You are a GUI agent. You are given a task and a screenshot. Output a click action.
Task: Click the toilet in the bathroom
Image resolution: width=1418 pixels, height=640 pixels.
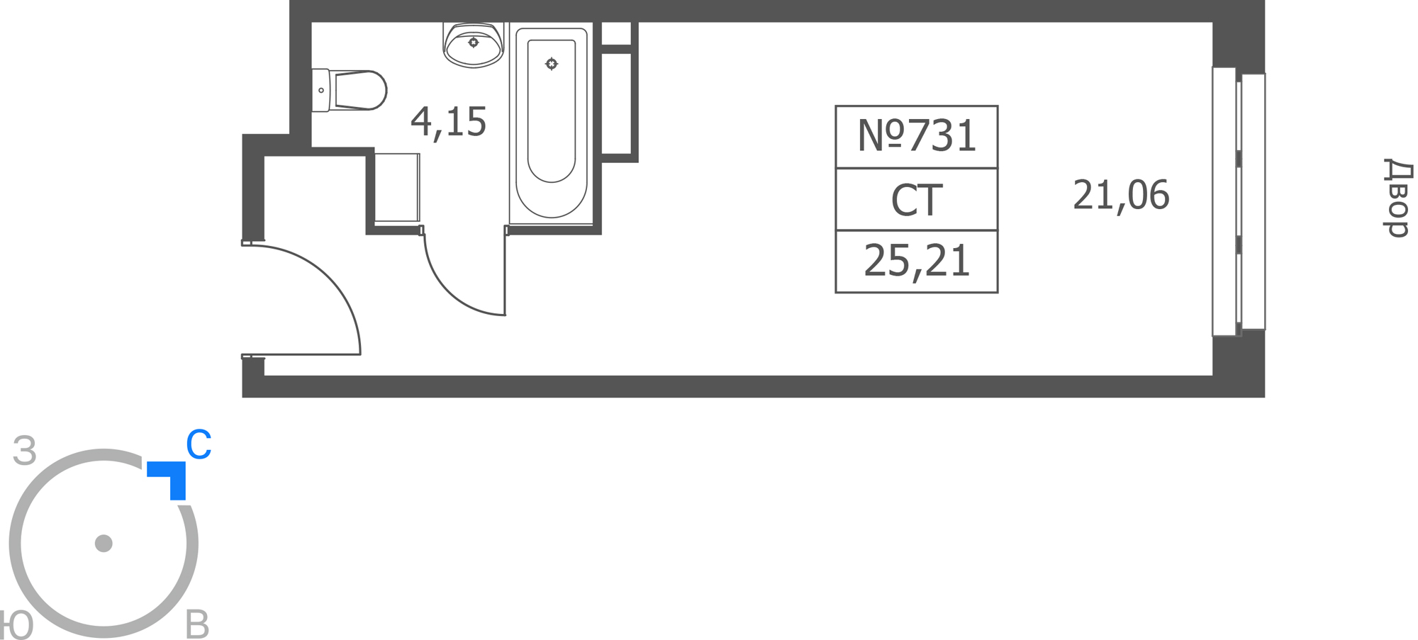(x=349, y=90)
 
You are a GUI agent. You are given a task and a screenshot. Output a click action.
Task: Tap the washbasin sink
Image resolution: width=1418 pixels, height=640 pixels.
(x=474, y=45)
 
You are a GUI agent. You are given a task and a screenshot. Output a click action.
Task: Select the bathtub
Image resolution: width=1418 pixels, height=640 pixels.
(x=552, y=123)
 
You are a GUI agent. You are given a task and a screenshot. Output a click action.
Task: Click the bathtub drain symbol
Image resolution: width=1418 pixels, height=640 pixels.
(x=552, y=64)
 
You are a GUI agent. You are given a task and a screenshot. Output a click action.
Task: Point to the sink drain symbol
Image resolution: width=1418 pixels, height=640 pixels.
(x=474, y=43)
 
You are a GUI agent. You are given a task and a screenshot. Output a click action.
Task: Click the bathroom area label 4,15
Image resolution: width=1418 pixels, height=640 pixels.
(x=448, y=122)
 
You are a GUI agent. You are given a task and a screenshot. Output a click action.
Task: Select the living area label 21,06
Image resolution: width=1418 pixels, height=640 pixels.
(x=1121, y=196)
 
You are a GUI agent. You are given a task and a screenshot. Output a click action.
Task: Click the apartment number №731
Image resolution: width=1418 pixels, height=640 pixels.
(x=917, y=135)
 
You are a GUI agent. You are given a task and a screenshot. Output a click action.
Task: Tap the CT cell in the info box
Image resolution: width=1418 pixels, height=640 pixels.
(x=917, y=200)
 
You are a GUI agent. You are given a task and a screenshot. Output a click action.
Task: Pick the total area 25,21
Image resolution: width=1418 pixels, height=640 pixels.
(x=917, y=262)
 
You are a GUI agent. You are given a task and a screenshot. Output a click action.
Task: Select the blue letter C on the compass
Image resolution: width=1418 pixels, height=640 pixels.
(x=199, y=444)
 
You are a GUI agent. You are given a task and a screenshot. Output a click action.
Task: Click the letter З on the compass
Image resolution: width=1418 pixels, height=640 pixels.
(x=25, y=451)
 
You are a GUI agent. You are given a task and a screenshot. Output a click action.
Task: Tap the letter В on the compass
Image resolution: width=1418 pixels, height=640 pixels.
(x=197, y=625)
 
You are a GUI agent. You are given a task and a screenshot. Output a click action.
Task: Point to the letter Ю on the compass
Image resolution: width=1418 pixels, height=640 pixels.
(x=16, y=625)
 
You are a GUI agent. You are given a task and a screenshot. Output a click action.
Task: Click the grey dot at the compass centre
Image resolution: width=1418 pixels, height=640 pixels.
(x=104, y=544)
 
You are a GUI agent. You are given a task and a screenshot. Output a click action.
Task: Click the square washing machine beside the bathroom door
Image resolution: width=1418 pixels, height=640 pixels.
(x=397, y=188)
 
